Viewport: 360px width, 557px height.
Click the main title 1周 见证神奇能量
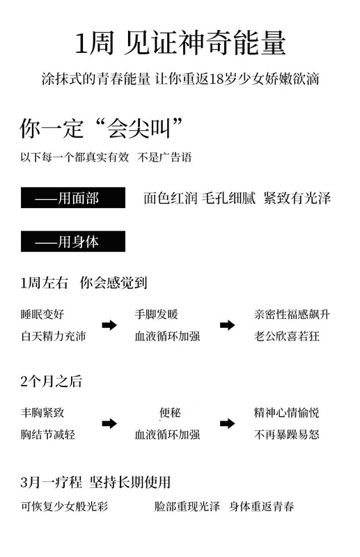180,42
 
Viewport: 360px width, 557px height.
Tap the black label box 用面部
73,198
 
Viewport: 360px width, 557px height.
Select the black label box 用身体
73,241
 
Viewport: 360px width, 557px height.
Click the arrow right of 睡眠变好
109,324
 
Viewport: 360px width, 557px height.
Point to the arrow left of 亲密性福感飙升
227,324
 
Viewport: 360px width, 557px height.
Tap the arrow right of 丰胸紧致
109,423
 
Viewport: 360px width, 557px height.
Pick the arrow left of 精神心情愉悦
227,423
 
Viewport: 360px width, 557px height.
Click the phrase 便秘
170,412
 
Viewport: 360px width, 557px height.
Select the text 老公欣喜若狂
286,336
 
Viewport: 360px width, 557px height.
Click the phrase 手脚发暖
156,314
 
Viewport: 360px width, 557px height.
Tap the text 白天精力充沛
54,336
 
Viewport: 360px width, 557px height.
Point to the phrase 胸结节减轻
47,434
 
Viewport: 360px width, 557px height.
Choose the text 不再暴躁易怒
286,434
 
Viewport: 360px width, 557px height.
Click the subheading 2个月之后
51,381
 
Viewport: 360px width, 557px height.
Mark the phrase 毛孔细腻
228,198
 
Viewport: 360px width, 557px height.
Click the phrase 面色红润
170,198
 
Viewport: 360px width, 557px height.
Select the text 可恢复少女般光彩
64,506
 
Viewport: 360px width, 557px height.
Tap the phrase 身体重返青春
261,506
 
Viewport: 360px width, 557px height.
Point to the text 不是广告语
164,157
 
